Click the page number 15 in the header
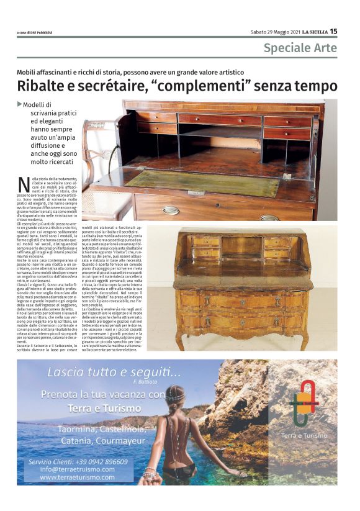pos(333,31)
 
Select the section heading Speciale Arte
pos(300,48)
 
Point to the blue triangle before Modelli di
pos(20,104)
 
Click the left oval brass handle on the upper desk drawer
pos(170,210)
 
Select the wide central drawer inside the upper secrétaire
pos(220,119)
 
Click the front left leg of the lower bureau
pos(181,340)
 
